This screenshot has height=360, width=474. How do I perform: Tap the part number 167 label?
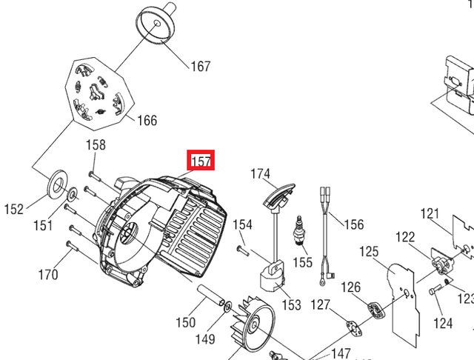coord(201,66)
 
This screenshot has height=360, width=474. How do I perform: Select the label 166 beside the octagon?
coord(147,120)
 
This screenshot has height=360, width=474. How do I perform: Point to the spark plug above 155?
coord(299,230)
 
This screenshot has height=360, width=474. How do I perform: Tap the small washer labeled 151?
coord(72,194)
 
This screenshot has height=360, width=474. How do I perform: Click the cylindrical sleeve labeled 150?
coord(211,295)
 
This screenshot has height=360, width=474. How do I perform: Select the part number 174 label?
coord(260,174)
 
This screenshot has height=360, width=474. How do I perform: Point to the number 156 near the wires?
coord(354,224)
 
